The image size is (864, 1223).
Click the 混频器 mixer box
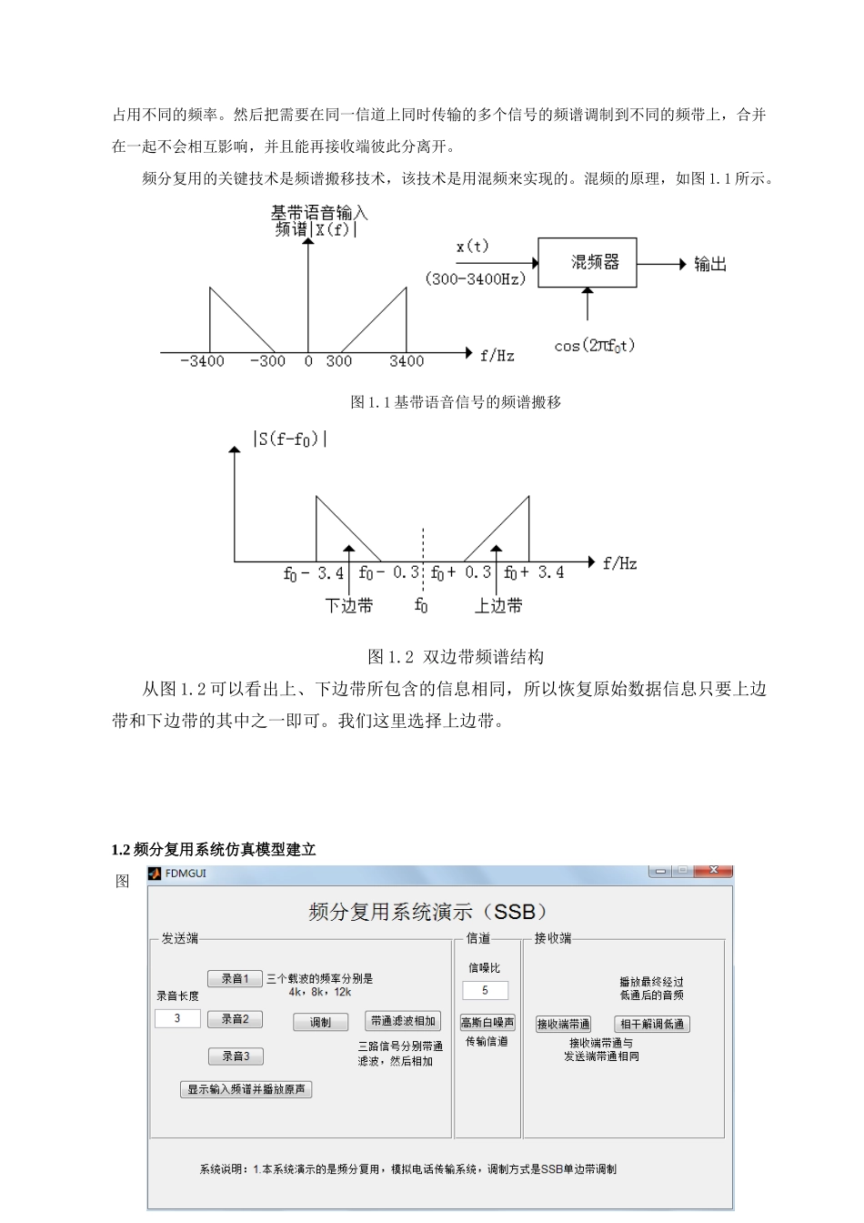pos(587,263)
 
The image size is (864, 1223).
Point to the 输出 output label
pos(710,265)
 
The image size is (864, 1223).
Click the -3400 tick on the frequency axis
pos(202,361)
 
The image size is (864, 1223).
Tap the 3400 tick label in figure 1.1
pos(407,361)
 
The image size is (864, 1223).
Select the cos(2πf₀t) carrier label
pos(594,346)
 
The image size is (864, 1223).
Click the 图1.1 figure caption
pos(456,402)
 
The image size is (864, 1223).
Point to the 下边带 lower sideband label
pos(349,606)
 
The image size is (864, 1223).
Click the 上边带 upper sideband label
pos(498,606)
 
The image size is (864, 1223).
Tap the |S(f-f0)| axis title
pos(290,439)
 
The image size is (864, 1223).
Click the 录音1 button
pos(235,979)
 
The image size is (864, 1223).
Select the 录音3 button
pos(235,1056)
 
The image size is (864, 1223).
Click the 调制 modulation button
pos(320,1023)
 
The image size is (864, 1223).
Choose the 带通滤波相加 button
pos(403,1021)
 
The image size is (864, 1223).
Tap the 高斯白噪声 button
pos(487,1023)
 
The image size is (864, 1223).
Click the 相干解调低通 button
pos(652,1025)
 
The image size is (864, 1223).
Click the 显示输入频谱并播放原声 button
pos(246,1089)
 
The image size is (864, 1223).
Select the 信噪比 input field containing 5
pos(485,990)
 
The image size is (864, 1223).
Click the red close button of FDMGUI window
pos(713,871)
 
